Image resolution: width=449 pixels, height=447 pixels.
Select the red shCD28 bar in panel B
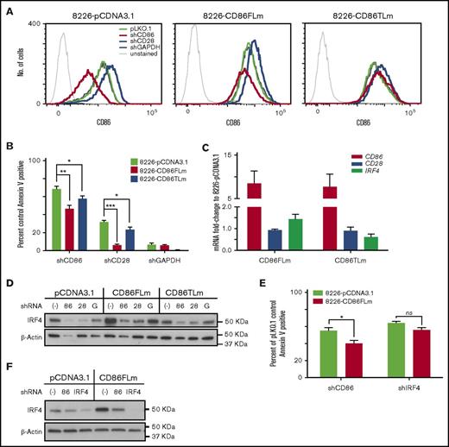(117, 247)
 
